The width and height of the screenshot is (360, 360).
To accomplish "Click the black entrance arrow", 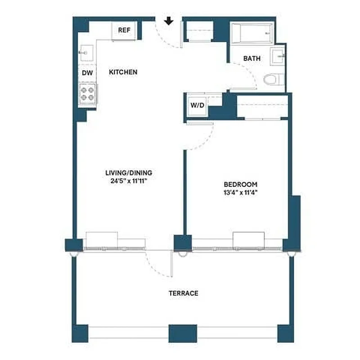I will (x=169, y=21).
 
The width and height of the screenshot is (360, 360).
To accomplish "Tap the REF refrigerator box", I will (x=124, y=30).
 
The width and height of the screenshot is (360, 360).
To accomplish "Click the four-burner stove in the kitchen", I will (x=87, y=93).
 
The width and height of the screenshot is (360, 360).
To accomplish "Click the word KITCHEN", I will (x=123, y=72).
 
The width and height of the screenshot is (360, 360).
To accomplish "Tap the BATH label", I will (x=251, y=58).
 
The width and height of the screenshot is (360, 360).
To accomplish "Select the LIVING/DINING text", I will (x=129, y=173).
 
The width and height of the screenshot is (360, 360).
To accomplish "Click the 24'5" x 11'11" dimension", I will (x=129, y=181).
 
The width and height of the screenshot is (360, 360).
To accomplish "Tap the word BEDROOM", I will (x=241, y=184).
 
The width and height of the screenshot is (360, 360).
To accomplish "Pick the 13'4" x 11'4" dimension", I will (x=241, y=193).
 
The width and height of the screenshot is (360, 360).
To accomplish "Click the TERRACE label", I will (x=183, y=293).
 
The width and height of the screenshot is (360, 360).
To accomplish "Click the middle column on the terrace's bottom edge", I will (x=183, y=333).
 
